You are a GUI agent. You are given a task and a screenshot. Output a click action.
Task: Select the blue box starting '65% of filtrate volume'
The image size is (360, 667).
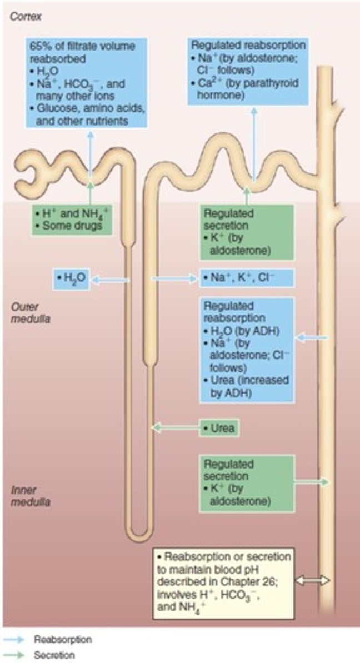86,83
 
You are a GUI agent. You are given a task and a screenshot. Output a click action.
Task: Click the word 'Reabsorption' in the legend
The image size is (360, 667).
62,640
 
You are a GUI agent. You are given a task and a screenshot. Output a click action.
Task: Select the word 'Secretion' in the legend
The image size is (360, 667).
54,655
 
